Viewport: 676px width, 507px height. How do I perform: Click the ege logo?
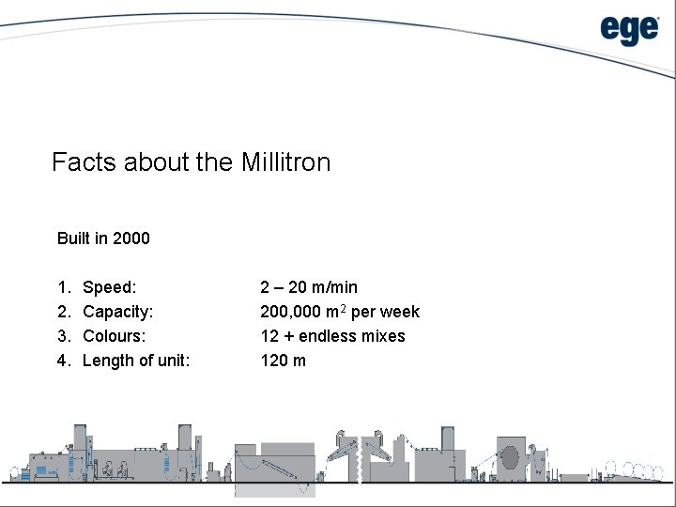coord(630,30)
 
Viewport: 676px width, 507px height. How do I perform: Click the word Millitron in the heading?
coord(285,162)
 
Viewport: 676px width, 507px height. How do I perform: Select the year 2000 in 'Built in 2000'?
coord(131,238)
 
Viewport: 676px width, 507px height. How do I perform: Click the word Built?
coord(73,238)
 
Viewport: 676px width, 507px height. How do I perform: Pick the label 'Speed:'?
coord(109,287)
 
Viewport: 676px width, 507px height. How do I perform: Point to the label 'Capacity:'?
coord(118,312)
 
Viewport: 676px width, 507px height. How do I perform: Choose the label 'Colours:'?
coord(115,336)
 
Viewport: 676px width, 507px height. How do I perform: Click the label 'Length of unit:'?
coord(136,361)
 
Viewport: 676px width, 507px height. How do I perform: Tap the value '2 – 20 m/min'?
coord(309,287)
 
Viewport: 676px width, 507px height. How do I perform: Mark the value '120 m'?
coord(283,361)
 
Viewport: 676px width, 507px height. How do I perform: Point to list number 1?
coord(63,287)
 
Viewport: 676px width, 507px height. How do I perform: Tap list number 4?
coord(63,361)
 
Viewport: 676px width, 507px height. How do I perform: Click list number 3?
coord(63,336)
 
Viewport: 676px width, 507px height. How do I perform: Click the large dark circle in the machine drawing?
coord(510,457)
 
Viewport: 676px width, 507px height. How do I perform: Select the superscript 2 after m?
coord(343,307)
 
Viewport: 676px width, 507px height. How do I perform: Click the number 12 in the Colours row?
coord(269,336)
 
